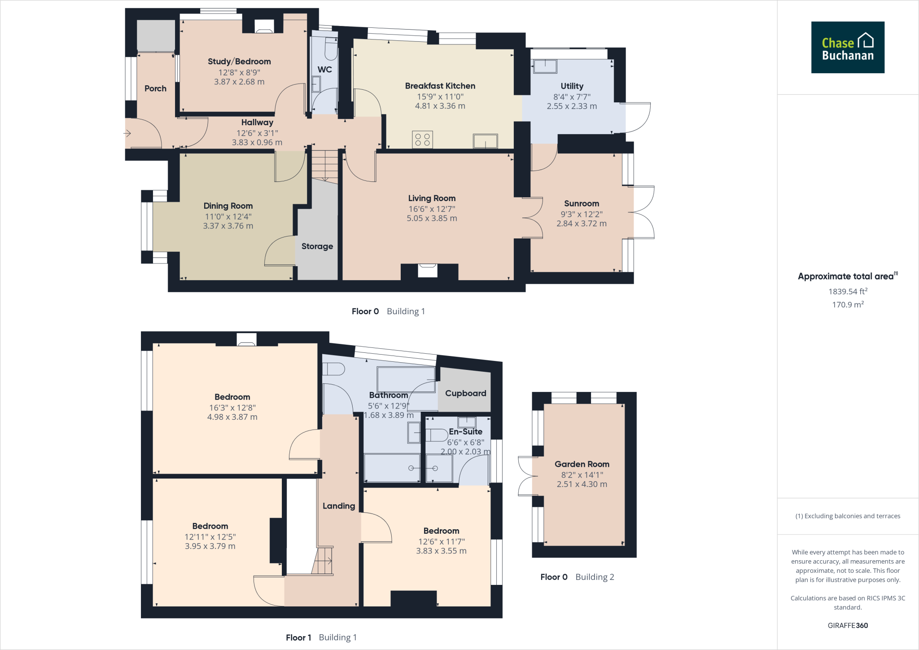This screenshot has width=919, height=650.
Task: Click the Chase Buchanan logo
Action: (x=847, y=47)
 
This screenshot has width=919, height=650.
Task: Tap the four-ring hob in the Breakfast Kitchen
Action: (x=422, y=140)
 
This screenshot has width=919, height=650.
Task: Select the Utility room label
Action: (x=572, y=86)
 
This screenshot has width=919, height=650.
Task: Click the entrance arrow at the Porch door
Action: (x=127, y=133)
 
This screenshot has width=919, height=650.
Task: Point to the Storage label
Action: (x=317, y=246)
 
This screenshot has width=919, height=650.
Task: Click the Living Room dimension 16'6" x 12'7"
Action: (x=432, y=209)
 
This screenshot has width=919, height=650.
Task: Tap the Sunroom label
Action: (x=581, y=204)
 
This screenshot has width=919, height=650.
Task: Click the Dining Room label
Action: (x=228, y=206)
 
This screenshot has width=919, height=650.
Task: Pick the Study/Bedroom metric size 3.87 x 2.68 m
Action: (x=239, y=82)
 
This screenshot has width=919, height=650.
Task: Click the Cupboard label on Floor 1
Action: (x=465, y=393)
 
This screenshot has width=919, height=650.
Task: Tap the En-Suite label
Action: (x=465, y=431)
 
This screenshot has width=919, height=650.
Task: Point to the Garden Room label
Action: (x=582, y=464)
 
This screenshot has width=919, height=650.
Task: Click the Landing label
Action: (x=338, y=506)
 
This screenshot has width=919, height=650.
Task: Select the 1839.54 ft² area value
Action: (x=848, y=291)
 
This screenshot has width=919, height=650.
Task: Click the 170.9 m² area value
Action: (x=848, y=304)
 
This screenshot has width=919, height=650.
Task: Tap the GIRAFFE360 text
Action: (x=848, y=625)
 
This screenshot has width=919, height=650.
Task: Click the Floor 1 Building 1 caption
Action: (x=321, y=637)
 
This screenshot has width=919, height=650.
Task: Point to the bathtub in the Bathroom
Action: (x=406, y=379)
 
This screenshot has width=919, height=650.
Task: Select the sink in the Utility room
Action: (x=545, y=66)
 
